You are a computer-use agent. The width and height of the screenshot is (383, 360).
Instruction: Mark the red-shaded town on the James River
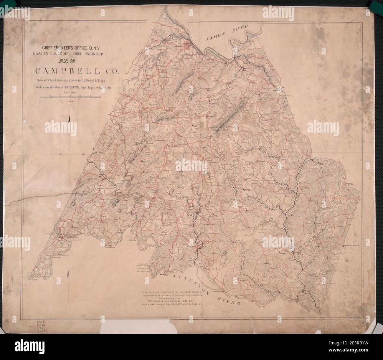pyautogui.click(x=188, y=45)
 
